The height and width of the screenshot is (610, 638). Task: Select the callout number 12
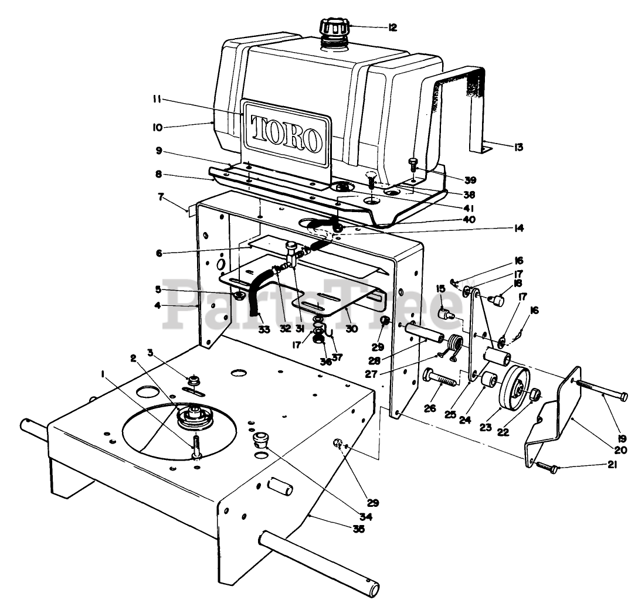[392, 27]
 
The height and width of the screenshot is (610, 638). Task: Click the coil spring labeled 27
[456, 345]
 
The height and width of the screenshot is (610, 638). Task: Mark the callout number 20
[620, 450]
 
